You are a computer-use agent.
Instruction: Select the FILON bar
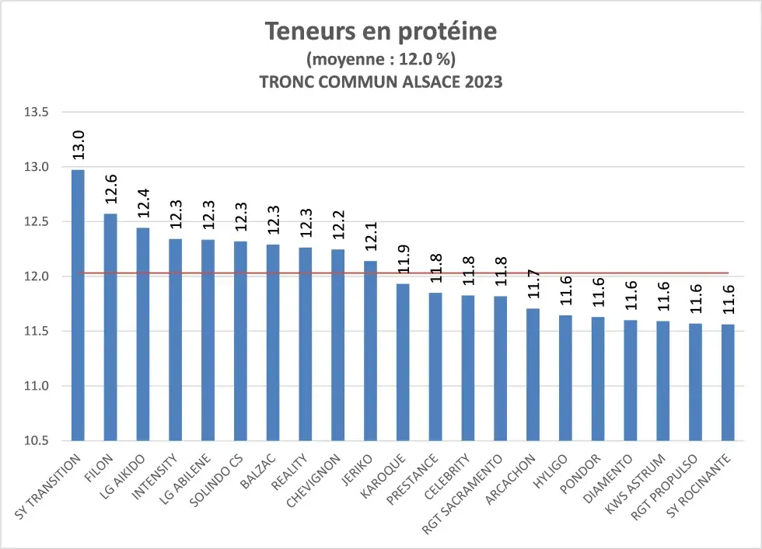pyautogui.click(x=110, y=326)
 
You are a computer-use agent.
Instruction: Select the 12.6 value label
pyautogui.click(x=110, y=189)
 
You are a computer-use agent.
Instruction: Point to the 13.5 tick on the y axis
pyautogui.click(x=36, y=112)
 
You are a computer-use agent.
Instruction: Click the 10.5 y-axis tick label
pyautogui.click(x=36, y=441)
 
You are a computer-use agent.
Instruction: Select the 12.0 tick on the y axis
pyautogui.click(x=36, y=276)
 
